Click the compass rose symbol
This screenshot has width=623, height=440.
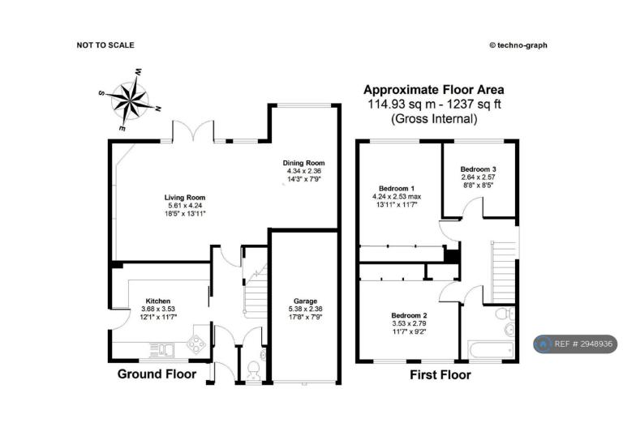(131, 100)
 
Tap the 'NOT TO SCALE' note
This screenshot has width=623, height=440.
(105, 45)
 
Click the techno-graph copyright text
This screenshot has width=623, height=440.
(518, 45)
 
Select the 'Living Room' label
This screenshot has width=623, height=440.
(185, 198)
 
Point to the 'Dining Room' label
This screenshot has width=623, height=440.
(303, 163)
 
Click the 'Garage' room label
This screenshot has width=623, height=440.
(305, 301)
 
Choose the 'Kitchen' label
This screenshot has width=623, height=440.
(157, 301)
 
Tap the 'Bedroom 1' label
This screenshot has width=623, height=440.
(397, 189)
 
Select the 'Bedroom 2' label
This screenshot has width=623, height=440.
(409, 316)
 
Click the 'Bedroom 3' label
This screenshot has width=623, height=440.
(478, 169)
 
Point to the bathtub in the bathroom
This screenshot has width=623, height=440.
(490, 349)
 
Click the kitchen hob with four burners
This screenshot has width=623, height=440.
(196, 344)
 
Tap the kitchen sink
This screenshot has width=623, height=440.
(162, 349)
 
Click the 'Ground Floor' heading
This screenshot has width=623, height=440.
(157, 374)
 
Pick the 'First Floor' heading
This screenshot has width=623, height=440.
(440, 375)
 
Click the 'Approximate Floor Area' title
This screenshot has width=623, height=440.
(434, 90)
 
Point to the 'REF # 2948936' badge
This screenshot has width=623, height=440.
(575, 344)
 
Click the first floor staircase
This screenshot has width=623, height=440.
(504, 272)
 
